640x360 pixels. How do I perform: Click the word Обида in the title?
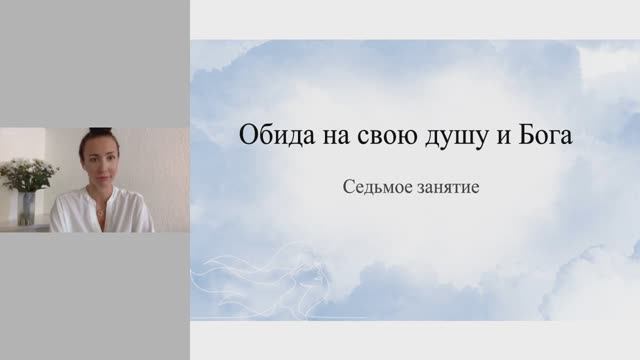pos(269,138)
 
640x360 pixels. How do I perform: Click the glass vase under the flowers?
pos(27,208)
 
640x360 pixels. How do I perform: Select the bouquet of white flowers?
pos(27,174)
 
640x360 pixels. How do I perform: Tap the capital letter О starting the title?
pos(248,138)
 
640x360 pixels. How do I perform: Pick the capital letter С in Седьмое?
pos(347,187)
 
